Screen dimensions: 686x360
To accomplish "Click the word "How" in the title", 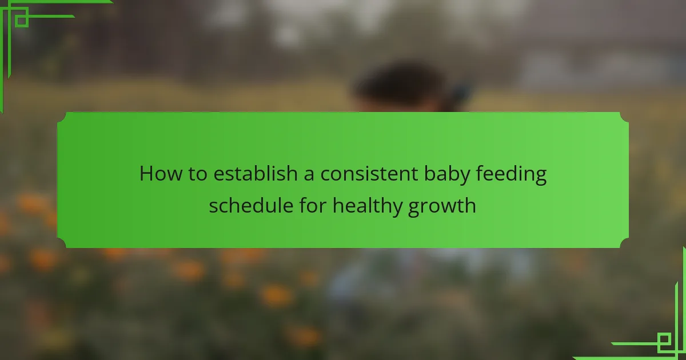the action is (x=160, y=174).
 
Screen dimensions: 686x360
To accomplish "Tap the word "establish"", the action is (x=256, y=173).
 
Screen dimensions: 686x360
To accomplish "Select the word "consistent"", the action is (x=369, y=174).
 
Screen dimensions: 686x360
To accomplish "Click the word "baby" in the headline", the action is (x=447, y=174).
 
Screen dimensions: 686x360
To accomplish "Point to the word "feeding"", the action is (x=511, y=174).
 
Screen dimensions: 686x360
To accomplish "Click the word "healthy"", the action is (x=367, y=206).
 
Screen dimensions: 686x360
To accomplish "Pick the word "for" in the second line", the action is (x=313, y=205).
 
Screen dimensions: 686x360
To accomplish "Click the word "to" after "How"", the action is (x=198, y=174).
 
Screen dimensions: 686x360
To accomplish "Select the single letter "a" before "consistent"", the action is (x=309, y=175).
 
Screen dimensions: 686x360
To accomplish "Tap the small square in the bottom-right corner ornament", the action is (x=664, y=339).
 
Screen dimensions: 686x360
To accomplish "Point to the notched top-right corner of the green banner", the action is (x=624, y=118).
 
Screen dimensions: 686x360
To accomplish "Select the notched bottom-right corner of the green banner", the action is (x=624, y=242).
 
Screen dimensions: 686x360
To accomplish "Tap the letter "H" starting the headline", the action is (x=146, y=174).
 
